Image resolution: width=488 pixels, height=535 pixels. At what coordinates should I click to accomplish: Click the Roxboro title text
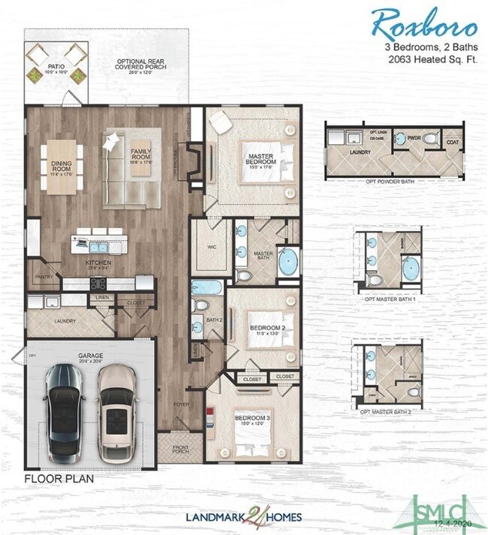point(423,24)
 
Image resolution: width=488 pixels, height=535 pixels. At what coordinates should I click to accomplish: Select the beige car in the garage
point(117,415)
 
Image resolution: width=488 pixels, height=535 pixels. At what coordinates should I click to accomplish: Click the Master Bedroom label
point(259,160)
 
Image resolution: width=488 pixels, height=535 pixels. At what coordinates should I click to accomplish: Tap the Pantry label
point(43,276)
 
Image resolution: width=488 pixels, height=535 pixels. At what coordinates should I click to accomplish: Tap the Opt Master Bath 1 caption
point(390,298)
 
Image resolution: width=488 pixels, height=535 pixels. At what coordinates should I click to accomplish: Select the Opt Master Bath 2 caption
point(390,412)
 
